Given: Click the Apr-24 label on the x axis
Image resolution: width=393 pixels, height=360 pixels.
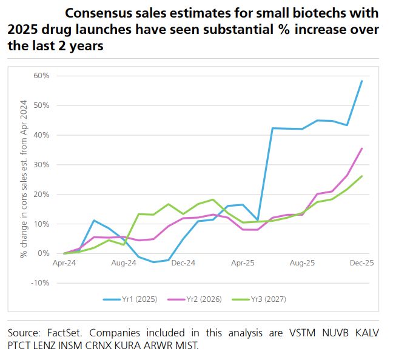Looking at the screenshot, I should [x=64, y=264].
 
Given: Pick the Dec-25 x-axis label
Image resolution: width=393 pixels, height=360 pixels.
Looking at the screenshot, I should [x=361, y=264].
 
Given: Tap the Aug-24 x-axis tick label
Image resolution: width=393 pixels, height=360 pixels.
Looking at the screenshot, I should [x=123, y=264].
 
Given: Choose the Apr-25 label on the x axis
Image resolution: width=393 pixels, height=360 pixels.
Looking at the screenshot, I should [x=243, y=264].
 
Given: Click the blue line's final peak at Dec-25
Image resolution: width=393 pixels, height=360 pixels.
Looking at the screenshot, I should [x=362, y=81].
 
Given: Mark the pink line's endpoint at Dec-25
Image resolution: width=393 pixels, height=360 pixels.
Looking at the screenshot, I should [x=362, y=148].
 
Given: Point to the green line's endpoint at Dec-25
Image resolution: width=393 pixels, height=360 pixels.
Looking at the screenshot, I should [x=362, y=176].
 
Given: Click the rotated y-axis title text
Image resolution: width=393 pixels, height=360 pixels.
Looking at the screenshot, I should [x=24, y=179].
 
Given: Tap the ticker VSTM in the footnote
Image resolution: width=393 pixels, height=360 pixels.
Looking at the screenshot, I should [x=295, y=333].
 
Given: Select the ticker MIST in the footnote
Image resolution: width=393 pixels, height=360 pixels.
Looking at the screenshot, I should [x=186, y=346].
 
